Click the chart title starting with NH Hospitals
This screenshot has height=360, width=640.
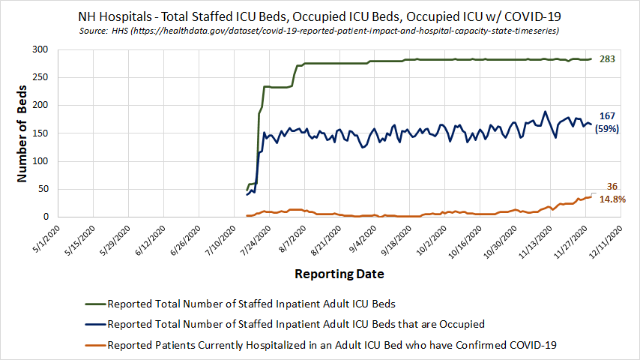(x=320, y=15)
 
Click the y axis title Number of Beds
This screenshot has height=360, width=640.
(x=22, y=133)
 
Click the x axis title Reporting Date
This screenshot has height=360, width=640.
(x=339, y=274)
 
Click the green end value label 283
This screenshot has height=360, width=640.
(x=607, y=58)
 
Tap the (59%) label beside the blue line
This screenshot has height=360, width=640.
(x=607, y=129)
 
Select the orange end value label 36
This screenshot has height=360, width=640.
(x=612, y=187)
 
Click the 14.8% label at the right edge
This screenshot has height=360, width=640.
(x=613, y=199)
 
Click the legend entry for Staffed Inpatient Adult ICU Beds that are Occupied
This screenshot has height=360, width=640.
(x=296, y=324)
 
